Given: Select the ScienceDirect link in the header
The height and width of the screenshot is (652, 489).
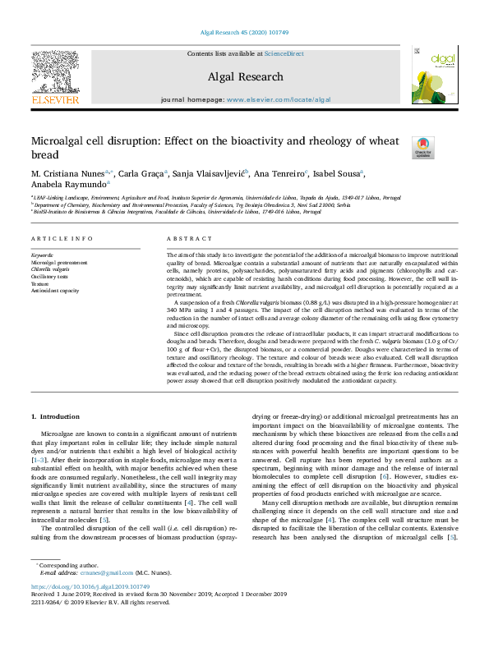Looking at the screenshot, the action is click(x=284, y=53).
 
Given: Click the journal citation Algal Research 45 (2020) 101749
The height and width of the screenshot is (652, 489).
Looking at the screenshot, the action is click(x=244, y=33).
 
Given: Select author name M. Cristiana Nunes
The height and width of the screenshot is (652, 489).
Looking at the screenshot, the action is click(x=66, y=173).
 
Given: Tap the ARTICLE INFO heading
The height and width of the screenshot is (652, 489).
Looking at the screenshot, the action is click(x=62, y=239).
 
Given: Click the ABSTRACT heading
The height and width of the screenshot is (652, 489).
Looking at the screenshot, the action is click(x=190, y=239).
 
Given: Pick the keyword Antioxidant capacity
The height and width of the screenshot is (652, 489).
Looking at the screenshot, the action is click(x=55, y=291).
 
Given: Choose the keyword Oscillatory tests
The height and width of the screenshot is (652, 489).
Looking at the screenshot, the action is click(x=51, y=276).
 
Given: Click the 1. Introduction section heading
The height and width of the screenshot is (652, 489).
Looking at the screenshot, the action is click(x=55, y=417).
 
